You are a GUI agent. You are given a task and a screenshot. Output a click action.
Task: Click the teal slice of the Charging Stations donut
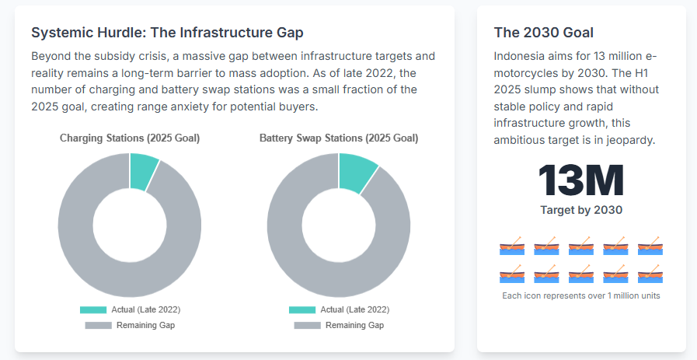143,171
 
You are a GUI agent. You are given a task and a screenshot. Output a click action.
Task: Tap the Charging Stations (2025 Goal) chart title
130,138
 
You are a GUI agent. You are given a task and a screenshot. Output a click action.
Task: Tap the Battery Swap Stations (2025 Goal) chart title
339,138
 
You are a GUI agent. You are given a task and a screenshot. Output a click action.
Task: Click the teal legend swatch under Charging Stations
93,309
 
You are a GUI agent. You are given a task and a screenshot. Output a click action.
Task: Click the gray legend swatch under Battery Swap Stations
307,325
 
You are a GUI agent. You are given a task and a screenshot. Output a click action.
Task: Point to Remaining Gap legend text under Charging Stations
145,325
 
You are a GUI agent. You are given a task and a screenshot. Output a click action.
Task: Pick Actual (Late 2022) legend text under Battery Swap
354,309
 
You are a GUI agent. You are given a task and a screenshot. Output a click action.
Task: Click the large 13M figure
581,180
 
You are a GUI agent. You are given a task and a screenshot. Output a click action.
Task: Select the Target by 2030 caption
581,210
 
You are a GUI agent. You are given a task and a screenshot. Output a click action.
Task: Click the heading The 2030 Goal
544,33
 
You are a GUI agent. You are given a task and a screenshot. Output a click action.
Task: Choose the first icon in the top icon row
512,247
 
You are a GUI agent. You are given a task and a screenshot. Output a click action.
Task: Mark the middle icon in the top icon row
581,247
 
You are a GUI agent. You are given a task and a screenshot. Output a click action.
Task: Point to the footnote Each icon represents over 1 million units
581,295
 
